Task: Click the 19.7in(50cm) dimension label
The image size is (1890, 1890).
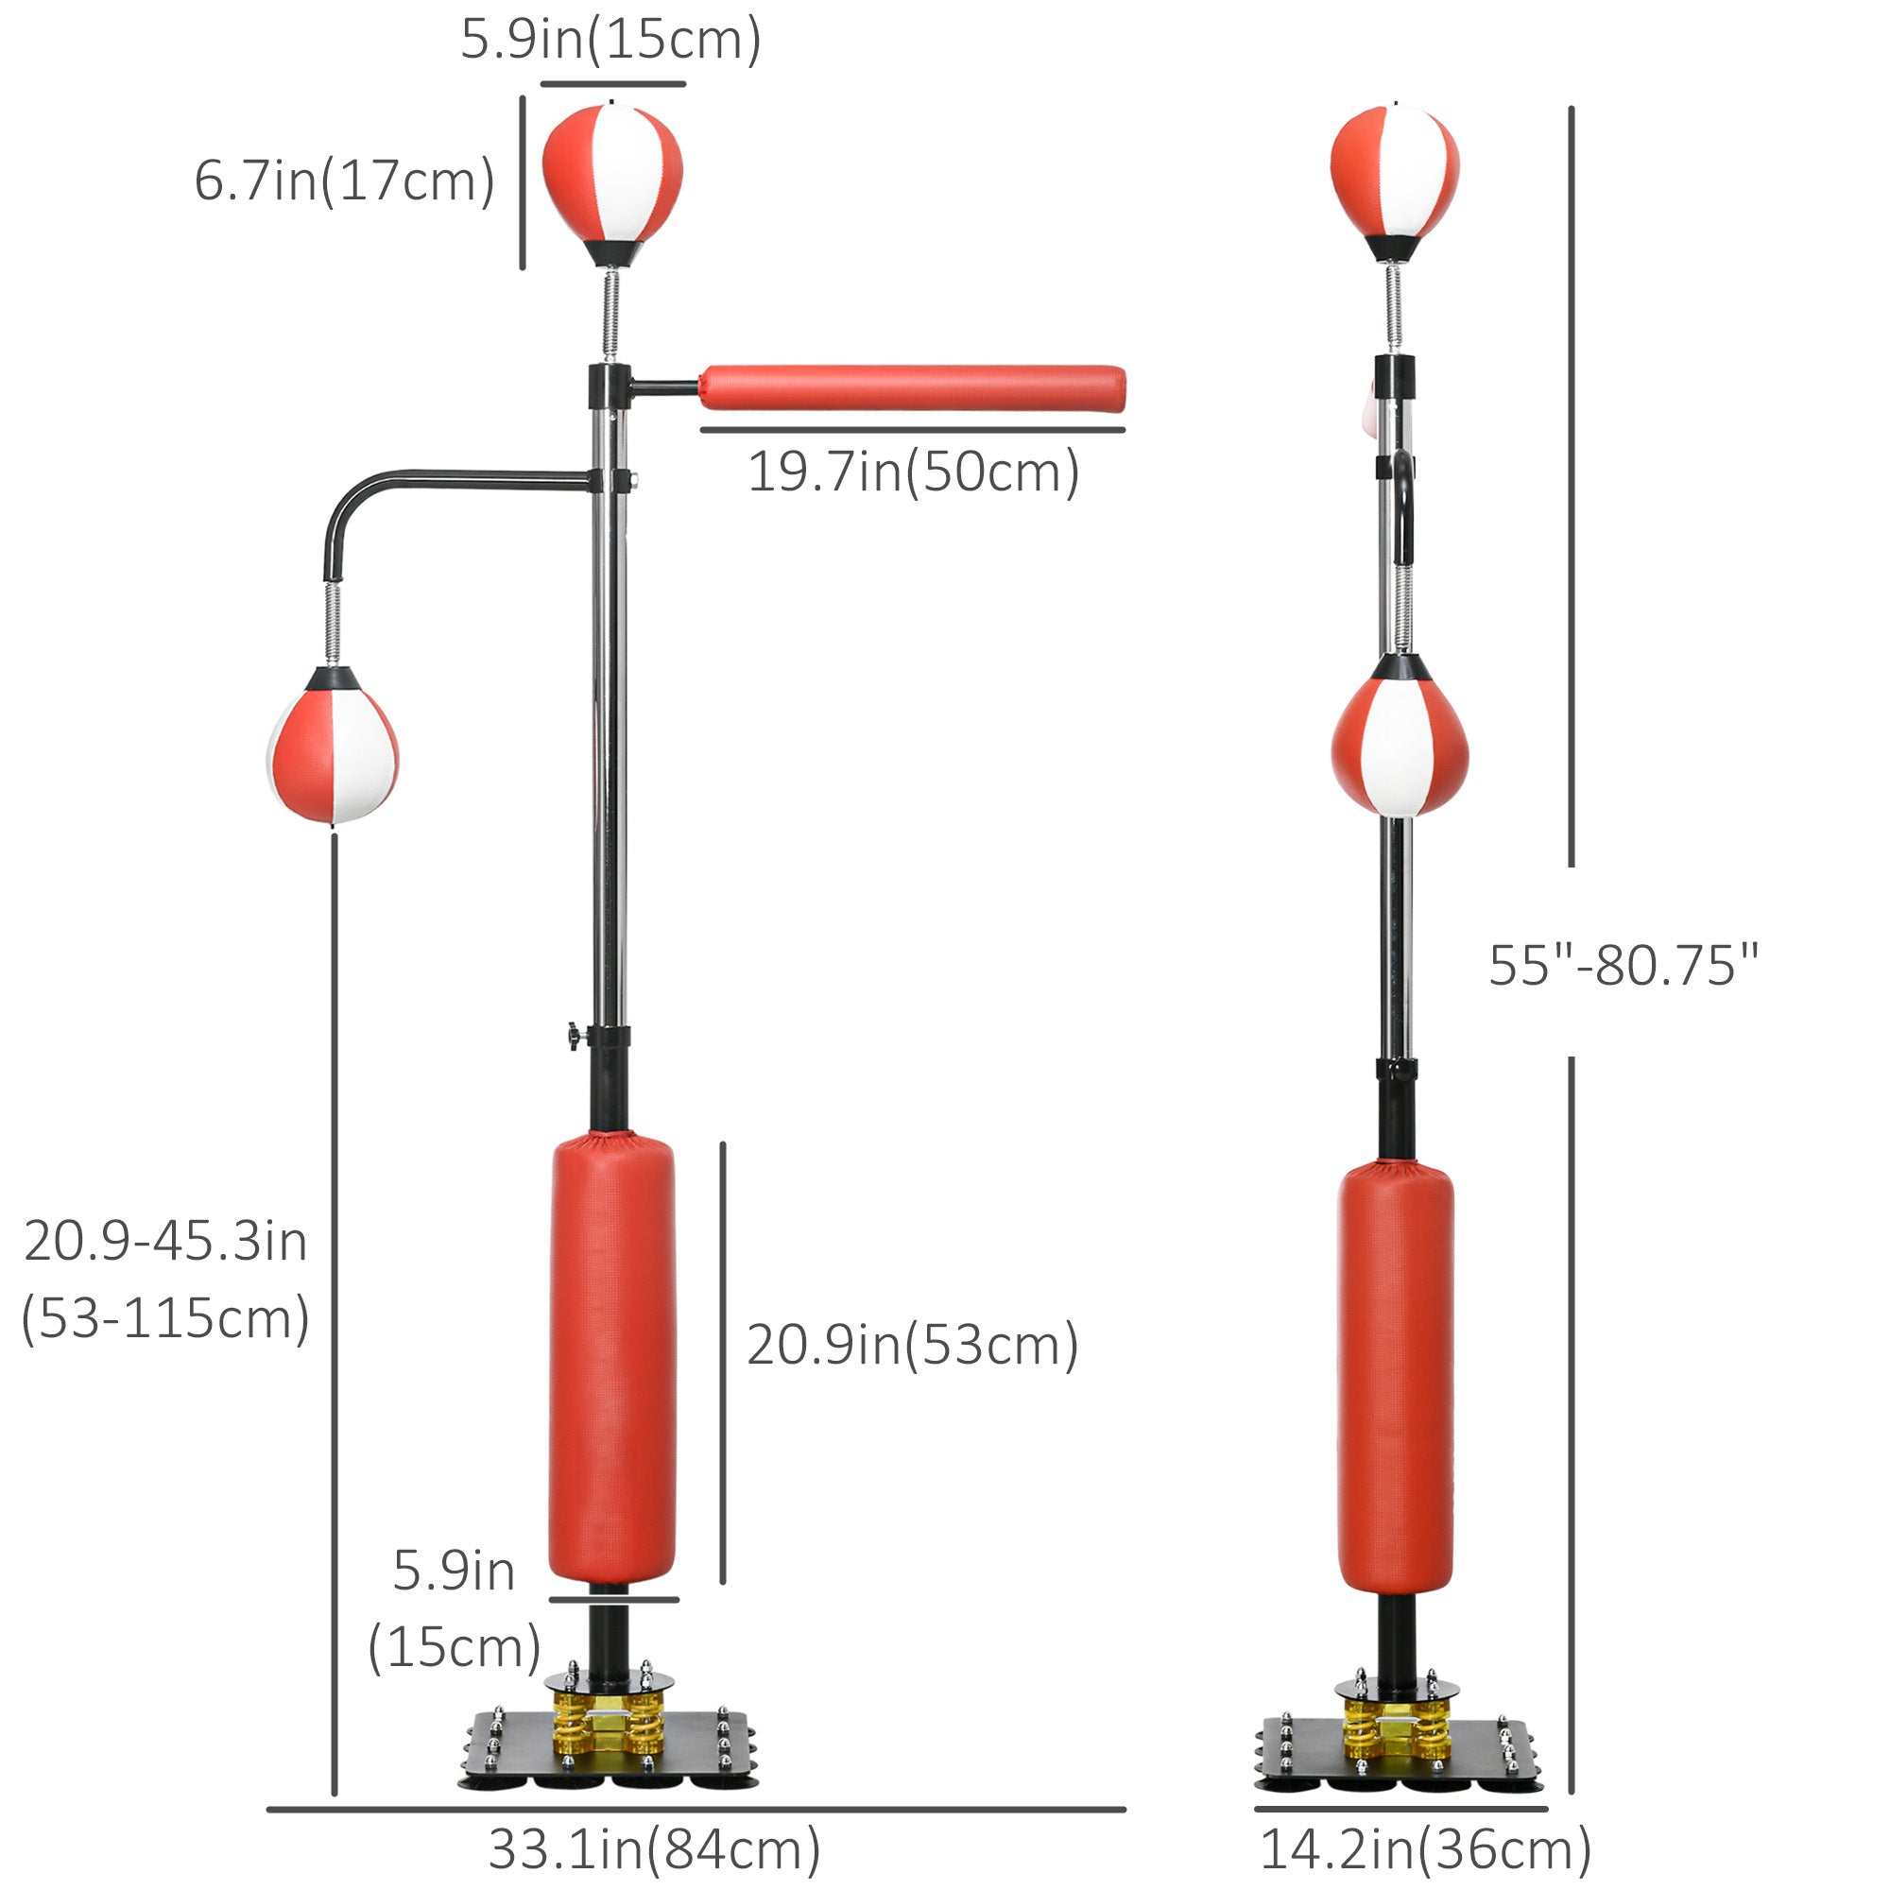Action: click(914, 472)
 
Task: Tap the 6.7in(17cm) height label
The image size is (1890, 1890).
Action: click(344, 182)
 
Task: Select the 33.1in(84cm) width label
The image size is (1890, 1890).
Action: click(654, 1850)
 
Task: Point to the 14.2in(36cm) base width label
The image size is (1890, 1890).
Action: click(1425, 1850)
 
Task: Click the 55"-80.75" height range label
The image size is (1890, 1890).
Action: click(1623, 966)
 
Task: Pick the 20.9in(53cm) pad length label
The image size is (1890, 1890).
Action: click(913, 1345)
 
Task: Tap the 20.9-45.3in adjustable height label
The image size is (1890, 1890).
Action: click(165, 1280)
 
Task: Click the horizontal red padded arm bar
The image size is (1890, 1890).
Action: click(912, 388)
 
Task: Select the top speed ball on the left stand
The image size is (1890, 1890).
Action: click(612, 184)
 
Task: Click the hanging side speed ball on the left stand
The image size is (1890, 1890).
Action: click(333, 746)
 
